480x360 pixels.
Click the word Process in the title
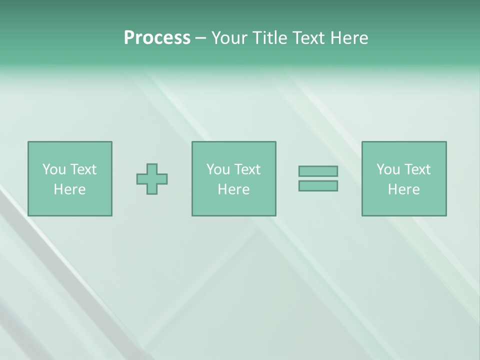[157, 38]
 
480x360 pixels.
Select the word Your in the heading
[228, 38]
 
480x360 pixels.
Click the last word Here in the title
[348, 38]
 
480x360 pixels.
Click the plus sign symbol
[152, 178]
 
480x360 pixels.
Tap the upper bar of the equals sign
[318, 171]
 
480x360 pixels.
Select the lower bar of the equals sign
[318, 185]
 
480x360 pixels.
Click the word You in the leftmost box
[54, 169]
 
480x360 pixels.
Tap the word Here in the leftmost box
[69, 189]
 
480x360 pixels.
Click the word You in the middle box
[218, 169]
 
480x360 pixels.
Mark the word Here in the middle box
[233, 189]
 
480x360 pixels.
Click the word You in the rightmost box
[388, 169]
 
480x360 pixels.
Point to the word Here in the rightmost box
[403, 189]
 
